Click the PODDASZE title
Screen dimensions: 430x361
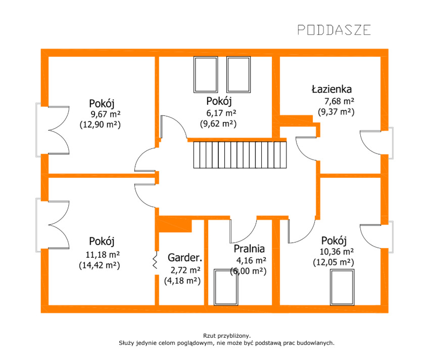coord(334,30)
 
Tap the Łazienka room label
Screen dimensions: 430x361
coord(331,89)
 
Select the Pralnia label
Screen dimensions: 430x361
coord(249,249)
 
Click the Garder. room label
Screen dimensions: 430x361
coord(185,258)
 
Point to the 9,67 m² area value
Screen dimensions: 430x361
coord(106,114)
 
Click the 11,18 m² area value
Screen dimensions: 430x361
coord(103,255)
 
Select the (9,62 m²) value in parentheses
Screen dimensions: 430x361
coord(218,124)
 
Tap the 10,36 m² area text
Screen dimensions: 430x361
coord(337,251)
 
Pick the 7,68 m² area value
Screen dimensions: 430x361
coord(339,101)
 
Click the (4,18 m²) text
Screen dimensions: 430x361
coord(182,281)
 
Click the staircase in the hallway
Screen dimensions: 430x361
coord(240,154)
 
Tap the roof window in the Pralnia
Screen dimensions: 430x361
coord(226,287)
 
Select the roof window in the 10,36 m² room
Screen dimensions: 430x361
coord(342,287)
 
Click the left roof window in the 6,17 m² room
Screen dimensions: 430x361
coord(206,74)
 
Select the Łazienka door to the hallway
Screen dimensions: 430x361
coord(307,149)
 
